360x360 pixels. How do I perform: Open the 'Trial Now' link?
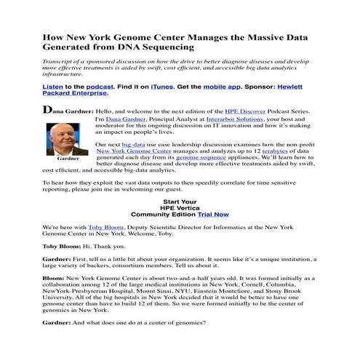click(x=212, y=215)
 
